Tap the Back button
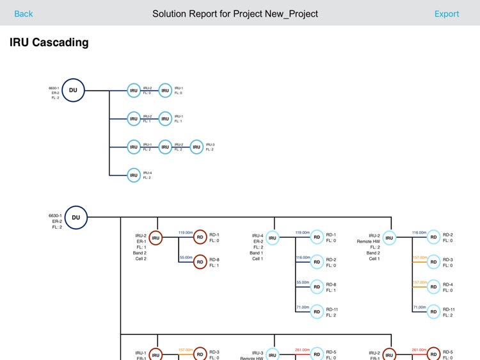pos(24,13)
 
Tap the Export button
pos(447,13)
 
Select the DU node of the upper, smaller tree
pos(74,90)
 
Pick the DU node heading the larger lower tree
pos(76,217)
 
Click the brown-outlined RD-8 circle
pos(200,261)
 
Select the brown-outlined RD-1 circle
pos(200,237)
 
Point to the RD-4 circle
pos(433,286)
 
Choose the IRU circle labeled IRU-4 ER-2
pos(273,238)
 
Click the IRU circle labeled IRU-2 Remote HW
pos(389,238)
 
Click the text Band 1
pos(257,253)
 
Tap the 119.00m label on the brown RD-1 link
pos(185,233)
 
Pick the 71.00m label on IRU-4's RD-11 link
pos(302,307)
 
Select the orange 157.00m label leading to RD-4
pos(419,282)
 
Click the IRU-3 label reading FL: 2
pos(210,149)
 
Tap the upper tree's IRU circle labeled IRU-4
pos(134,175)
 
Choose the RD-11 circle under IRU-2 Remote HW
pos(433,311)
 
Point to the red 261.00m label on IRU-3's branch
pos(302,350)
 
